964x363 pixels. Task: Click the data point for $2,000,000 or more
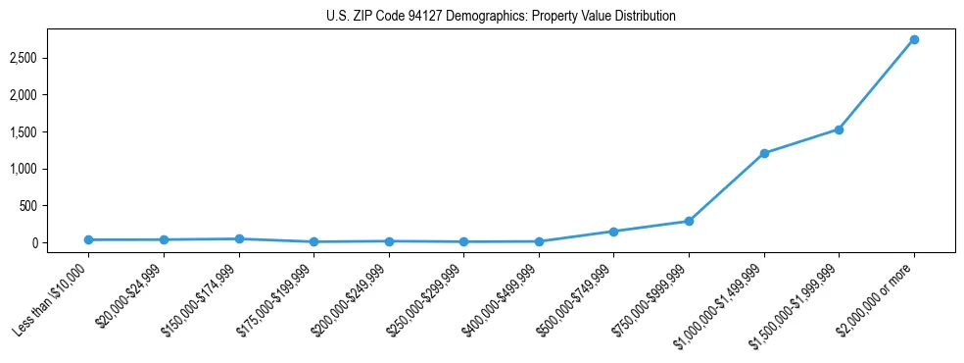point(914,39)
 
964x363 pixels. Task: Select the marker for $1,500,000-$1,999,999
point(839,130)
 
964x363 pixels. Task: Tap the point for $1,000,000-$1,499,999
point(764,153)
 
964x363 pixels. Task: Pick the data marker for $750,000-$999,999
point(689,221)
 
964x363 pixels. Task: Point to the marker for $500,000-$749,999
point(613,232)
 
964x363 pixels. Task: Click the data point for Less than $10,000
point(88,239)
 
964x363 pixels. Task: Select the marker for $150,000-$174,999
point(238,238)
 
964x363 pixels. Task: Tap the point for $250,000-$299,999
point(463,241)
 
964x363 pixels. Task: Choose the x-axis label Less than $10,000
point(52,300)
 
